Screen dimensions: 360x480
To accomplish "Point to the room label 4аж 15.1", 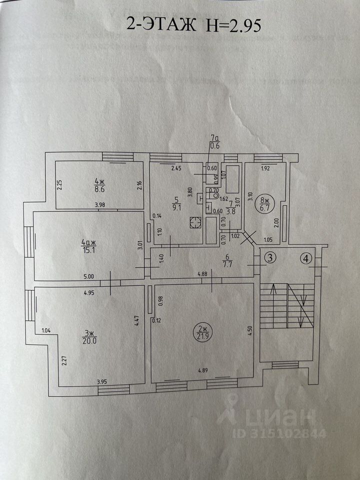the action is coord(89,246).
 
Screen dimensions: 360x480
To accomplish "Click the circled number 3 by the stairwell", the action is coord(269,258).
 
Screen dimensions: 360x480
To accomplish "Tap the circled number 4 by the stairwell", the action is coord(304,258).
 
